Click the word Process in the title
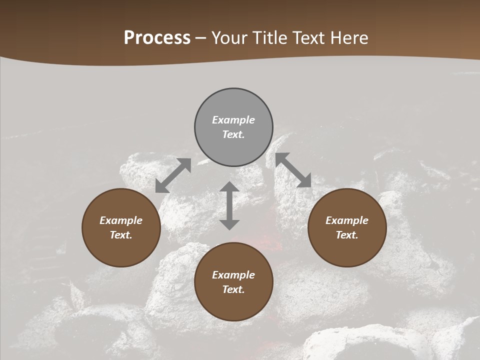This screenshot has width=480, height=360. (x=157, y=38)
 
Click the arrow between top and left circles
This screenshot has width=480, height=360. (x=173, y=175)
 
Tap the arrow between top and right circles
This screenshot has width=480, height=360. (x=293, y=170)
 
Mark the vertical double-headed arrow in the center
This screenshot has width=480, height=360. (x=229, y=205)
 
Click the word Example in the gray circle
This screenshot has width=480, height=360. (x=233, y=120)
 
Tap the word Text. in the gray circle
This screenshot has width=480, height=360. (x=233, y=134)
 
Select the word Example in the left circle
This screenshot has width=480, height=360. (x=121, y=220)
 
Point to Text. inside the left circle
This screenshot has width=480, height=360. (x=121, y=235)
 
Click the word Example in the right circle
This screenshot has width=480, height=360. (x=347, y=220)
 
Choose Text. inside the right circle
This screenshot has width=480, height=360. (x=347, y=235)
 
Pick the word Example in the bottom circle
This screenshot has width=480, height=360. (x=233, y=275)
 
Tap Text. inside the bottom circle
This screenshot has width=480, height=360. (x=233, y=289)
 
